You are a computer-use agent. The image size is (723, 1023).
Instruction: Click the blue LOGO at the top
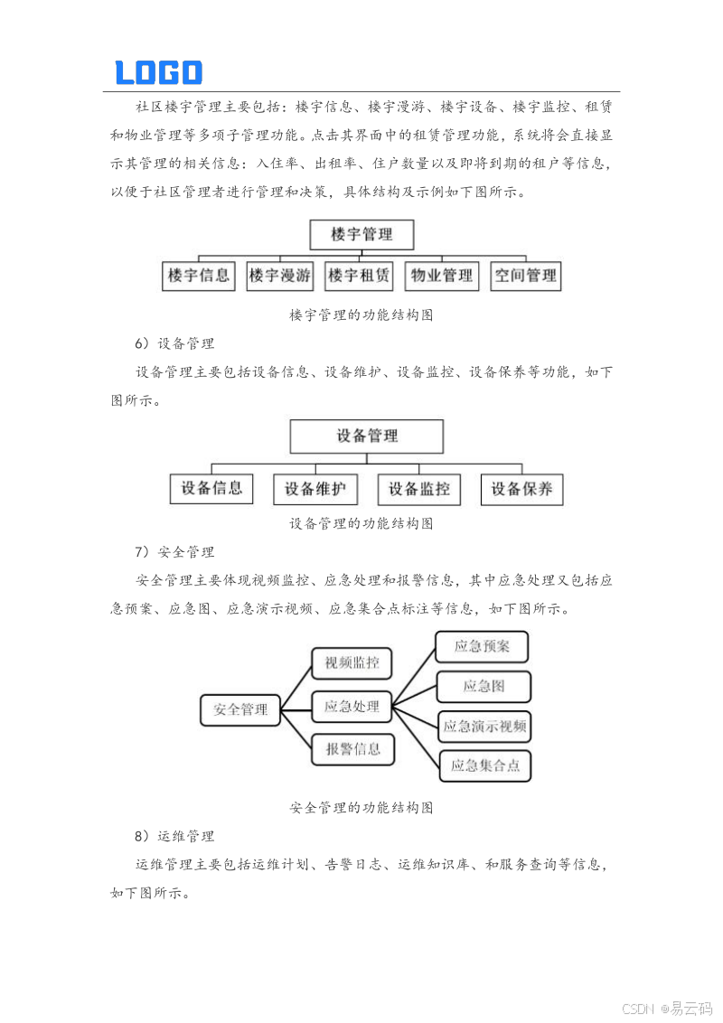(158, 72)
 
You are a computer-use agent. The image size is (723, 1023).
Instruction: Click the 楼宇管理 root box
(361, 235)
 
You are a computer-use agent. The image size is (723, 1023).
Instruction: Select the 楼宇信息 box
(199, 276)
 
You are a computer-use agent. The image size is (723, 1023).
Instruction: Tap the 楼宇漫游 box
(280, 276)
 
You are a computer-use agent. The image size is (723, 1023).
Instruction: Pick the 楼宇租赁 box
(359, 276)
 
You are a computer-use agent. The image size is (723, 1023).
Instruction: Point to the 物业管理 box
(441, 276)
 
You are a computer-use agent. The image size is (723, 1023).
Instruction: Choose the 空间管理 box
(525, 276)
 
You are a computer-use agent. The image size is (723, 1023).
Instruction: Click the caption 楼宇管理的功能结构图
(361, 314)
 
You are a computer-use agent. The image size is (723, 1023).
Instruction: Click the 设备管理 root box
(366, 436)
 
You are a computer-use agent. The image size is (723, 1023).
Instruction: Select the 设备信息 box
(211, 489)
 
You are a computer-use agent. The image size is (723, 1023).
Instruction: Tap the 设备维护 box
(315, 489)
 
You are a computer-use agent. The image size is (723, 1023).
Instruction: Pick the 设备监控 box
(418, 489)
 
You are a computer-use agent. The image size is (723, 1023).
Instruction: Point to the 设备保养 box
(521, 489)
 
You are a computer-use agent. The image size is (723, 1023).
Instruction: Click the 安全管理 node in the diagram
(240, 709)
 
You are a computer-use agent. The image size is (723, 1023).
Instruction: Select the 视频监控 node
(352, 663)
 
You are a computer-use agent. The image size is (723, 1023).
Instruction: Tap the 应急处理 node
(352, 706)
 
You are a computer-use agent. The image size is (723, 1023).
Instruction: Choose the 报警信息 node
(352, 748)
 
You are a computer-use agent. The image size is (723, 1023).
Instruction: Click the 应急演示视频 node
(484, 725)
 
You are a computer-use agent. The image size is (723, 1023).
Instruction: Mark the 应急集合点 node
(484, 765)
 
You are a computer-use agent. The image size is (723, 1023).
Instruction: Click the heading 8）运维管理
(174, 836)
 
